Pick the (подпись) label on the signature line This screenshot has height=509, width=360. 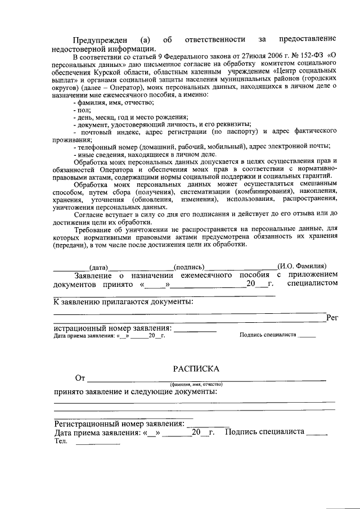(188, 267)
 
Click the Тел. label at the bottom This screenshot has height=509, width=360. (61, 442)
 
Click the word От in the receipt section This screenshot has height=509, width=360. (80, 378)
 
